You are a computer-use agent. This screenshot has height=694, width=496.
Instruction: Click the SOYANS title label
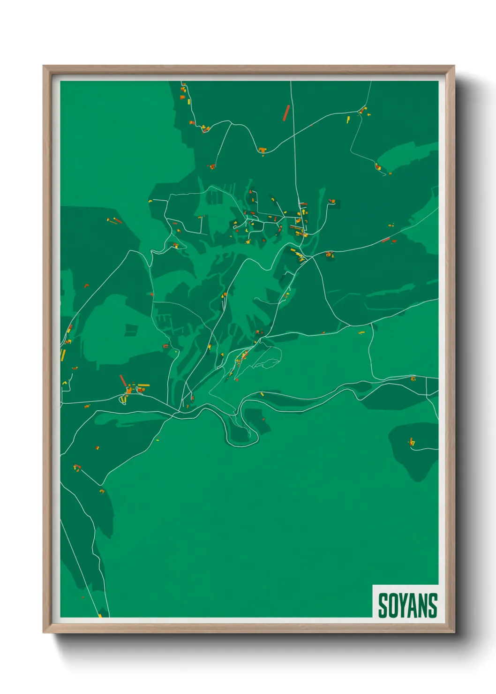pos(407,605)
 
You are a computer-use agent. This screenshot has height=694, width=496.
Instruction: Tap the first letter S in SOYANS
pos(383,605)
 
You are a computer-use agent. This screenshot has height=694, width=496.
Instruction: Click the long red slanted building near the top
pos(286,113)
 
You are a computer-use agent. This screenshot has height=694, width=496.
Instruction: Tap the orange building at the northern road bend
pos(262,150)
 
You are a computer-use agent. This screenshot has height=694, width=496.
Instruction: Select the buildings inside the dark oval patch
pos(412,442)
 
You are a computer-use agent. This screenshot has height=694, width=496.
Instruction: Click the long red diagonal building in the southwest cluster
pos(123,380)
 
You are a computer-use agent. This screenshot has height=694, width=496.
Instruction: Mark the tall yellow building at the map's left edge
pos(63,355)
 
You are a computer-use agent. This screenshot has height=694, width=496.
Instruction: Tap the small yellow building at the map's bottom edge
pos(100,615)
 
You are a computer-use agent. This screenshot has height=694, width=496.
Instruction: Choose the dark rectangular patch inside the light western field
pos(131,330)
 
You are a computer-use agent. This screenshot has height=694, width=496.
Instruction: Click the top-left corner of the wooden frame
pos(44,67)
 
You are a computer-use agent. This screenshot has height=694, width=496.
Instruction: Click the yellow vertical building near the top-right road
pos(348,120)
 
